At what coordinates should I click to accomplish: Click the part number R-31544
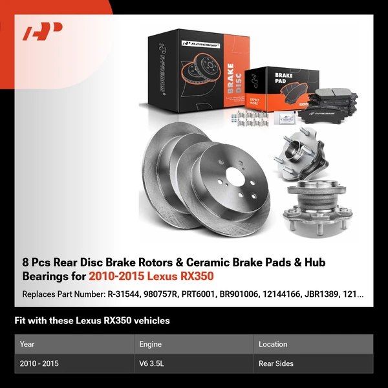[x=124, y=294]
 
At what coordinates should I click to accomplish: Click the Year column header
[x=27, y=344]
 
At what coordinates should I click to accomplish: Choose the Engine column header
[x=150, y=344]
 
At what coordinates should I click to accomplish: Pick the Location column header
[x=272, y=344]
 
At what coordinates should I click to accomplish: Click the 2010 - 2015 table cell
[x=39, y=363]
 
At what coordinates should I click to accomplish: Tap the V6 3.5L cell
[x=153, y=363]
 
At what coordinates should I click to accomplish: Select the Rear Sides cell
[x=276, y=363]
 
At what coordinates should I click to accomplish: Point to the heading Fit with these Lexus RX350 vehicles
[x=92, y=320]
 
